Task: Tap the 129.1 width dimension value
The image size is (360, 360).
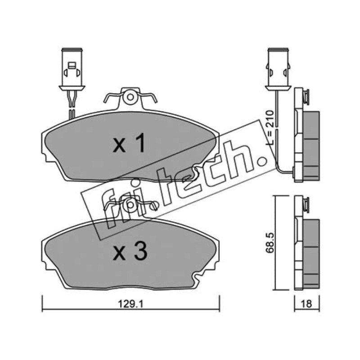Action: [x=130, y=305]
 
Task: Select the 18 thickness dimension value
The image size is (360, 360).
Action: [x=307, y=304]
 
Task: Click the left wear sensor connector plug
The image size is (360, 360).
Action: [x=72, y=69]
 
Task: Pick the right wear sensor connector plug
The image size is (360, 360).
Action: [x=278, y=69]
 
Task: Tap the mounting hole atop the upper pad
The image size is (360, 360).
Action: [x=130, y=97]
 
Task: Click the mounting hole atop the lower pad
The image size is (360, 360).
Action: [x=130, y=205]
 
